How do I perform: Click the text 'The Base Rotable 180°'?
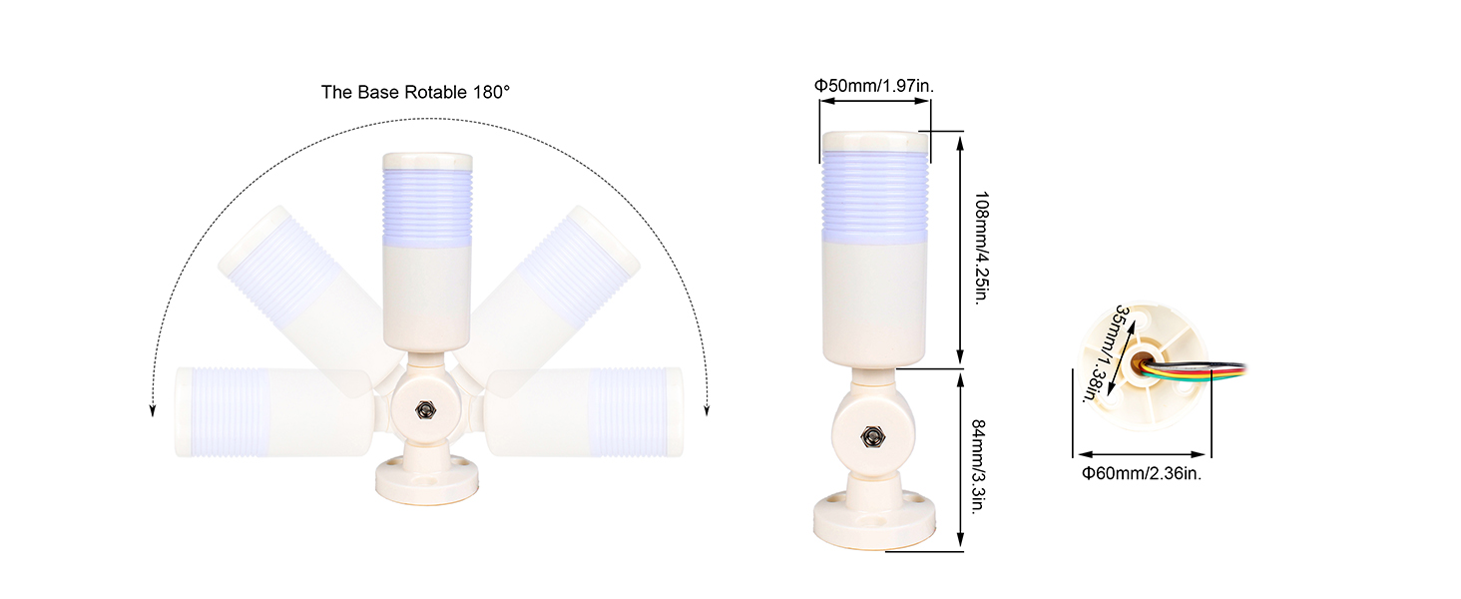pyautogui.click(x=415, y=92)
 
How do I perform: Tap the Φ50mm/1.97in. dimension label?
pyautogui.click(x=874, y=86)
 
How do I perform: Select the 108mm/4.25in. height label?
pyautogui.click(x=981, y=248)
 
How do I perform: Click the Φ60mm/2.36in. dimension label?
pyautogui.click(x=1142, y=473)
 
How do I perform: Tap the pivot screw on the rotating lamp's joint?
pyautogui.click(x=426, y=410)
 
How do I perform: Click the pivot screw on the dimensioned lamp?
pyautogui.click(x=871, y=436)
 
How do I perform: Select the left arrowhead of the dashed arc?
pyautogui.click(x=153, y=410)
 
